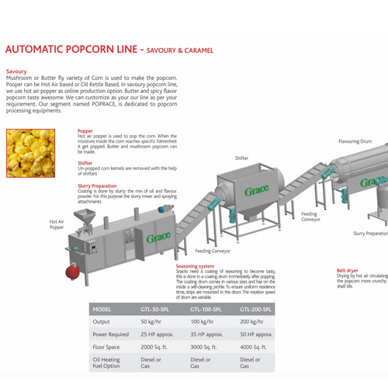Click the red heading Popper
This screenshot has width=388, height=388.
85,132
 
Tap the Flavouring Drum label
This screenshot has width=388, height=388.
355,142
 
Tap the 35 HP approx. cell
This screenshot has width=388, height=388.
207,336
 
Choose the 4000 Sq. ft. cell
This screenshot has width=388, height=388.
257,350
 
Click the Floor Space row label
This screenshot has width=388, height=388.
110,350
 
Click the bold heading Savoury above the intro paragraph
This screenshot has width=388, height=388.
17,71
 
